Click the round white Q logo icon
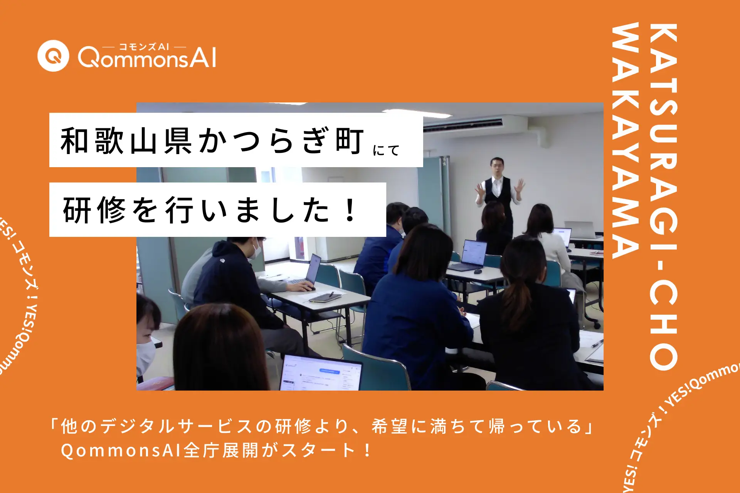(53, 56)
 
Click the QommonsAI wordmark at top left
(147, 58)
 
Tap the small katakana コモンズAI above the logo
(144, 47)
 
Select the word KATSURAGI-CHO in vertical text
(663, 196)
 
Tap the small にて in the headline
(386, 150)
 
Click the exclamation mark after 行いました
(350, 210)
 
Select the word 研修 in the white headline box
(94, 210)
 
